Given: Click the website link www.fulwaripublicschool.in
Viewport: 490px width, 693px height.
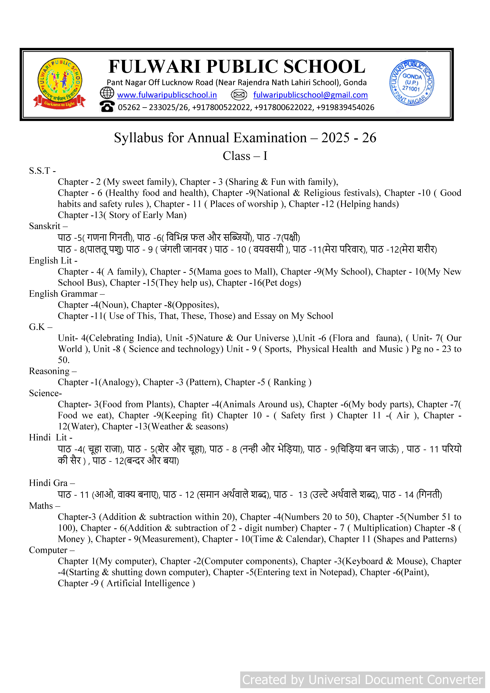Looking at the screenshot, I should click(x=167, y=95).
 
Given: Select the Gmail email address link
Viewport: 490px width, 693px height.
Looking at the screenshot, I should click(x=310, y=95).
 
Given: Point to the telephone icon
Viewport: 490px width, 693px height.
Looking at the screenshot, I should click(x=107, y=107).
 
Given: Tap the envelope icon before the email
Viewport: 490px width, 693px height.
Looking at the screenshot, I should click(x=239, y=95).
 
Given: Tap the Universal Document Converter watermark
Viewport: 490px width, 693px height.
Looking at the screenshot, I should click(x=362, y=680).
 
